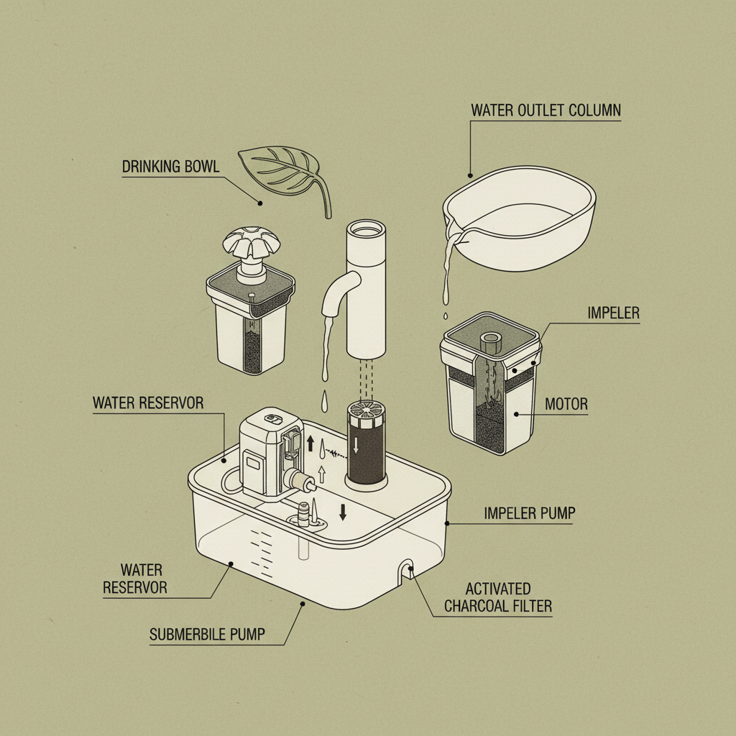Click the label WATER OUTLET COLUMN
click(x=546, y=110)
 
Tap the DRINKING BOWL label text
click(x=170, y=167)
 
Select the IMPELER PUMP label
click(x=530, y=513)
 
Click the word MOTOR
click(x=566, y=404)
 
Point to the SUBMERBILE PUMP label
click(x=207, y=635)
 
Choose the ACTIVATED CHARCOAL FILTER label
click(x=498, y=597)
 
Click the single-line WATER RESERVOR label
click(x=148, y=402)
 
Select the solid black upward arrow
click(x=310, y=443)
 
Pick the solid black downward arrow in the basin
click(x=343, y=512)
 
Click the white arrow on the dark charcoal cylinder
click(x=356, y=444)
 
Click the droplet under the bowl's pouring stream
click(x=446, y=316)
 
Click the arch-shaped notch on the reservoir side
click(x=405, y=571)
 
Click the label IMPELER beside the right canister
click(x=614, y=313)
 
